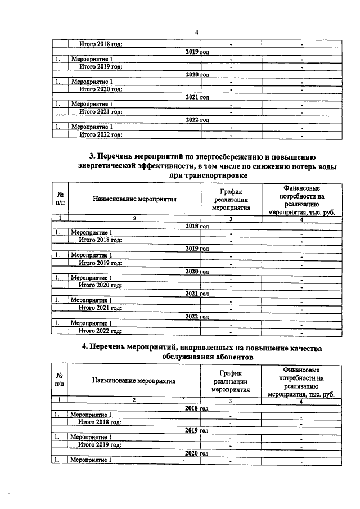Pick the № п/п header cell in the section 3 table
[60, 199]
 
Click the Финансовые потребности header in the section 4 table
[301, 381]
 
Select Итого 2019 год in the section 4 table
[100, 444]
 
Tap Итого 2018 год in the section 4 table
[100, 422]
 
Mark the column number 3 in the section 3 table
[231, 218]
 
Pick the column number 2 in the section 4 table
[134, 400]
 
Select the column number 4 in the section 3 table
[301, 218]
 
